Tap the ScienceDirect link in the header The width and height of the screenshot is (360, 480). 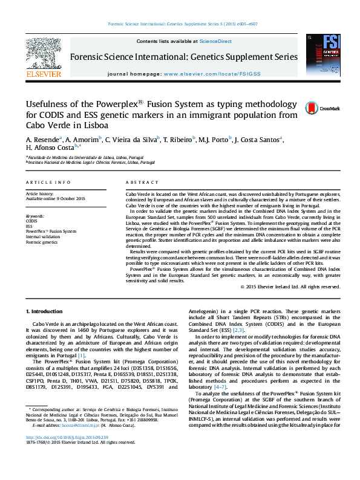point(215,41)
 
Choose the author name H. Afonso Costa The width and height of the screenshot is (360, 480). point(45,148)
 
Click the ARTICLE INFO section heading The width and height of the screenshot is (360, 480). point(45,182)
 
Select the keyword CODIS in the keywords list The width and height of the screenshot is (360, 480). point(31,221)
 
